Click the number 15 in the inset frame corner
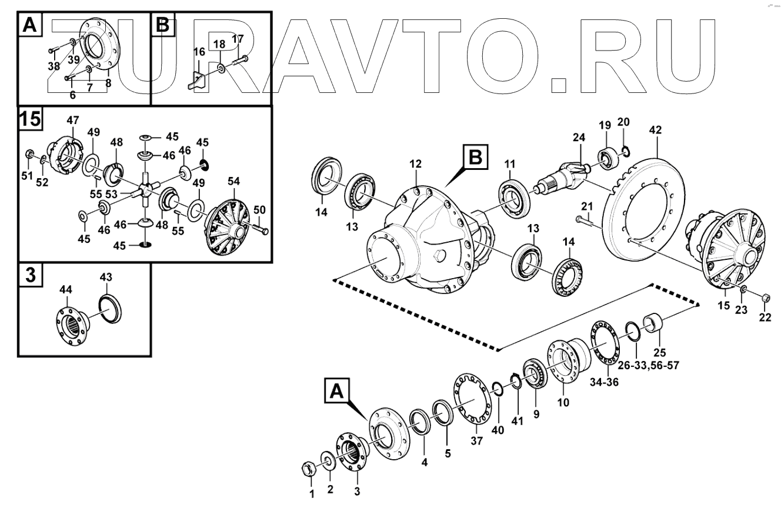(x=30, y=119)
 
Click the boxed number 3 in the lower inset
(x=30, y=276)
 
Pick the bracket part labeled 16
(x=196, y=78)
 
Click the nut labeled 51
(x=29, y=155)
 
